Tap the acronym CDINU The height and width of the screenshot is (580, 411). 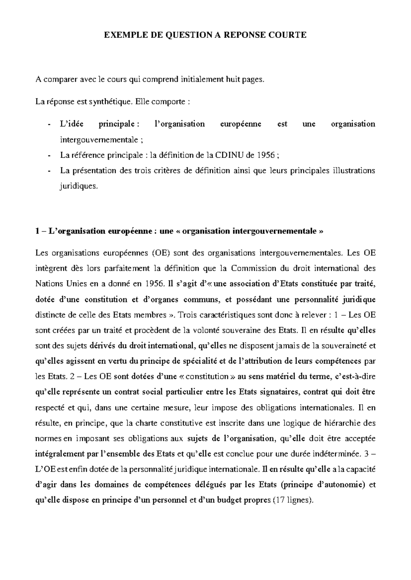(227, 155)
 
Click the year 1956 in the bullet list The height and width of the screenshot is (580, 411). (266, 155)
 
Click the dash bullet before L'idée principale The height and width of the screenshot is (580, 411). (50, 124)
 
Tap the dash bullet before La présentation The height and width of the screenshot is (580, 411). (50, 171)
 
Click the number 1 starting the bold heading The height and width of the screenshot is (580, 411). (37, 231)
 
